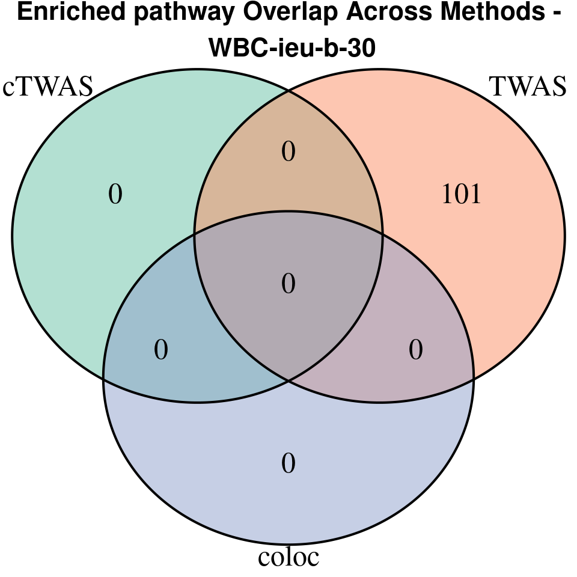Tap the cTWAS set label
(x=48, y=87)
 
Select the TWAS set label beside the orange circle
(x=528, y=87)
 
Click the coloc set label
(x=288, y=557)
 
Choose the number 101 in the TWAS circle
(x=462, y=194)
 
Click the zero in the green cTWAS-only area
(x=115, y=194)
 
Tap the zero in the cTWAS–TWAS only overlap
(x=288, y=151)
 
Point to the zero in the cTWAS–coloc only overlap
(x=161, y=350)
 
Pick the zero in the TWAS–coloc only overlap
(x=416, y=350)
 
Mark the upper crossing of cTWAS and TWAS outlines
(x=288, y=91)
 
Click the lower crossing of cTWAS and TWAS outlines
(x=288, y=380)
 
